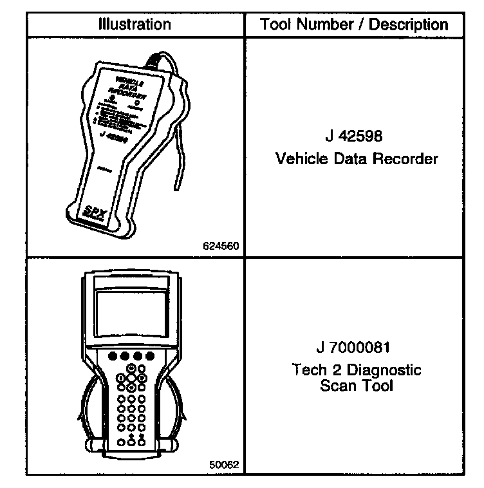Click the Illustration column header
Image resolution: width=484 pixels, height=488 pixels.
click(135, 25)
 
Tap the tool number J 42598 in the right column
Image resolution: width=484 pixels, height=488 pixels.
click(356, 136)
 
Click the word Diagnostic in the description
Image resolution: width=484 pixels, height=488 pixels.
click(388, 370)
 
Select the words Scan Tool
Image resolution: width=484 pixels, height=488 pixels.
click(356, 386)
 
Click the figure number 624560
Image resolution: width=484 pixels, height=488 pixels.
click(220, 246)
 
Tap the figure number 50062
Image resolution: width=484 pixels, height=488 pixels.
click(223, 463)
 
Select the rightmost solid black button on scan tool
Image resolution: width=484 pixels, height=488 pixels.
click(150, 356)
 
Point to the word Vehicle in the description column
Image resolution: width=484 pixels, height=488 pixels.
click(299, 158)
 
